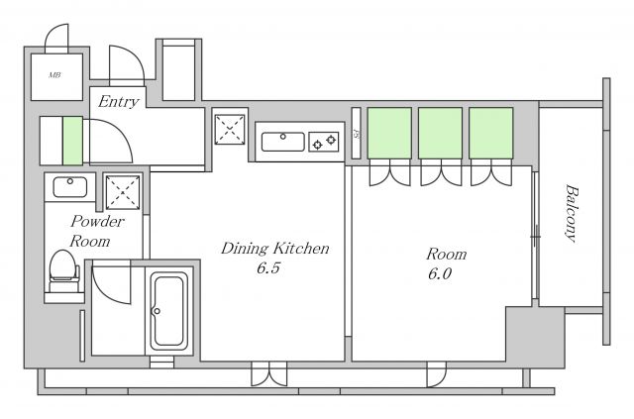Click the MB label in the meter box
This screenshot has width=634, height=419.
click(x=54, y=75)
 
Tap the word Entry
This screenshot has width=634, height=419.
click(x=119, y=101)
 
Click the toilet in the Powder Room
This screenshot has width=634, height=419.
click(x=63, y=270)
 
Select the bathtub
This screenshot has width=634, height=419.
click(x=169, y=311)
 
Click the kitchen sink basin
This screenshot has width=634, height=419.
click(x=283, y=142)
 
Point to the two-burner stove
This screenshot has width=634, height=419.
click(x=324, y=142)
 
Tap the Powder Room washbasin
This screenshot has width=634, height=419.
click(x=70, y=187)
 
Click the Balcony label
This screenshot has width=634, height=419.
click(x=571, y=213)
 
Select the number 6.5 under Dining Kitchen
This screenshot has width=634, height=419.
click(x=268, y=268)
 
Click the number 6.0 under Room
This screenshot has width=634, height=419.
click(x=440, y=274)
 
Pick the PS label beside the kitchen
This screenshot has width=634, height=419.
click(x=357, y=133)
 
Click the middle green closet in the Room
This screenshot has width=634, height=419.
click(x=440, y=133)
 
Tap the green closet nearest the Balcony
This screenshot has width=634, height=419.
click(x=491, y=133)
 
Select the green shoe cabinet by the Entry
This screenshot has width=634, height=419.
click(x=72, y=141)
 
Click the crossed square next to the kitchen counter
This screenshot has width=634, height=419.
click(x=230, y=130)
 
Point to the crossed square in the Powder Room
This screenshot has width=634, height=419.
click(x=123, y=192)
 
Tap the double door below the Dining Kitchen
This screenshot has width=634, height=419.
click(x=268, y=373)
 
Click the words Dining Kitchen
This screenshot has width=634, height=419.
click(x=275, y=249)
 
